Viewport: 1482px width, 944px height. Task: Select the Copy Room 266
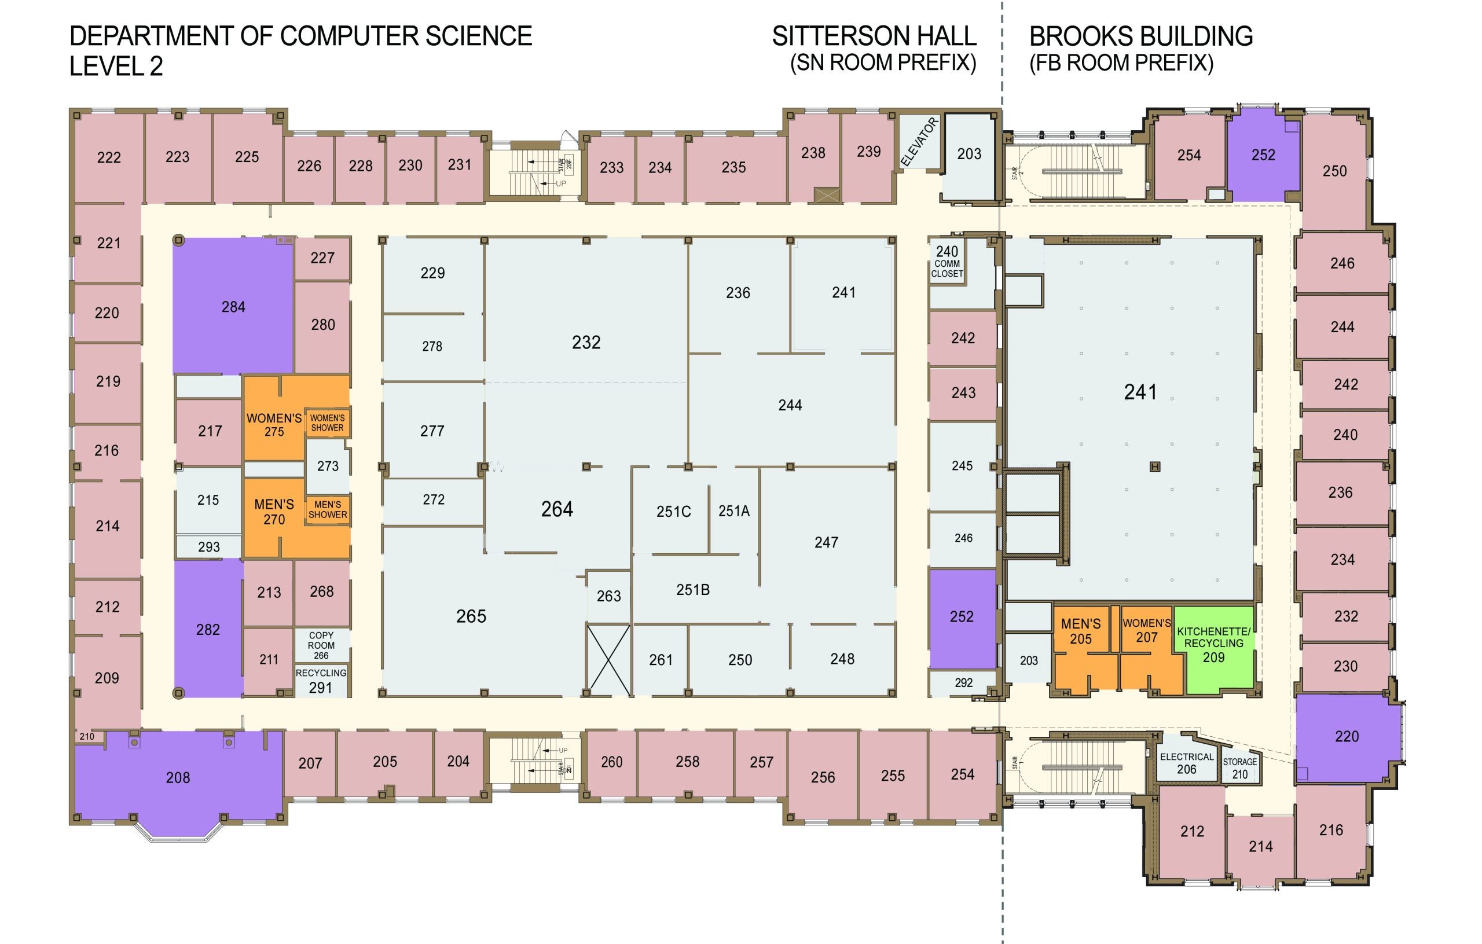321,645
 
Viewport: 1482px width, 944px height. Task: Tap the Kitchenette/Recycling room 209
1213,649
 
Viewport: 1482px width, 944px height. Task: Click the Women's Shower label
328,423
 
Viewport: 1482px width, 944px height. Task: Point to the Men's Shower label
328,509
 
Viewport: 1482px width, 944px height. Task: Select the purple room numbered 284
233,306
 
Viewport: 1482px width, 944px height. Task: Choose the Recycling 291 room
321,680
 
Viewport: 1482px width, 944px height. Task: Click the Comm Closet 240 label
947,262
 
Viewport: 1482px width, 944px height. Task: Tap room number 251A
733,510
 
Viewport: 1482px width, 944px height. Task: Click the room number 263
608,596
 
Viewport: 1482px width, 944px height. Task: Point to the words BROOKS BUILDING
1141,36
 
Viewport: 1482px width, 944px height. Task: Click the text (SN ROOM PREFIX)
883,63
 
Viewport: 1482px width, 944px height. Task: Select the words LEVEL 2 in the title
116,67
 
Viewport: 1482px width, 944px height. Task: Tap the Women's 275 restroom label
274,425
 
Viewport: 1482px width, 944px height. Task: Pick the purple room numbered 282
208,629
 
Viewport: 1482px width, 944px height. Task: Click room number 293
208,546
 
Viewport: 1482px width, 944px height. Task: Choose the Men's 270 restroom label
274,512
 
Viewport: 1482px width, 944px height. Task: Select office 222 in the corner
109,157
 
